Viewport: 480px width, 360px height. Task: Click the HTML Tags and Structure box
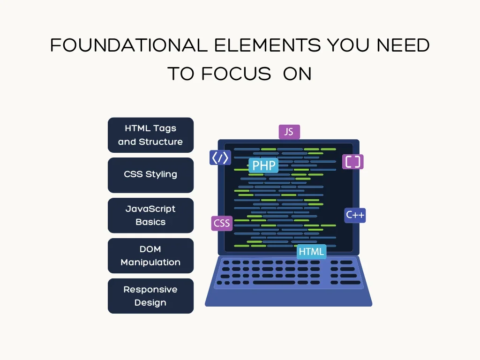click(150, 135)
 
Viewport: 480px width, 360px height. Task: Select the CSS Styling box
click(150, 175)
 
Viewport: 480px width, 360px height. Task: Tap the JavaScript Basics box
click(150, 216)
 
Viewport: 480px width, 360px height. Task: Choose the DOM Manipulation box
click(150, 255)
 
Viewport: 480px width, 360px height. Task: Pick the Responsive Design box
click(150, 296)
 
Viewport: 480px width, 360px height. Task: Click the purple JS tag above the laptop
click(289, 132)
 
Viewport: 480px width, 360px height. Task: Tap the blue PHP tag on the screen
click(263, 165)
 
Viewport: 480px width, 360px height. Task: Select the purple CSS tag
click(222, 223)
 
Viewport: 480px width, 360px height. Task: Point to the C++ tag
click(355, 215)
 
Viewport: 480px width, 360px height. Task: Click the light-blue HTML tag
click(311, 252)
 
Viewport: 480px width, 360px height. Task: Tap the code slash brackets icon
click(220, 157)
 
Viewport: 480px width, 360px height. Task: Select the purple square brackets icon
click(352, 162)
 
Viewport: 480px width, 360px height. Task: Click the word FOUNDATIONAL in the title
click(129, 45)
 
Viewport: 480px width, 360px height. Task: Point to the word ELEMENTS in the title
click(268, 45)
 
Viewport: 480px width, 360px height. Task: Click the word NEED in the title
click(403, 45)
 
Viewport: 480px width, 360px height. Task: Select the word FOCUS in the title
click(236, 74)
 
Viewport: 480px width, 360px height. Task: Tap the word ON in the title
click(297, 74)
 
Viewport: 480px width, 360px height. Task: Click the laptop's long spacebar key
click(274, 283)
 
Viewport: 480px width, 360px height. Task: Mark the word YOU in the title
click(348, 45)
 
